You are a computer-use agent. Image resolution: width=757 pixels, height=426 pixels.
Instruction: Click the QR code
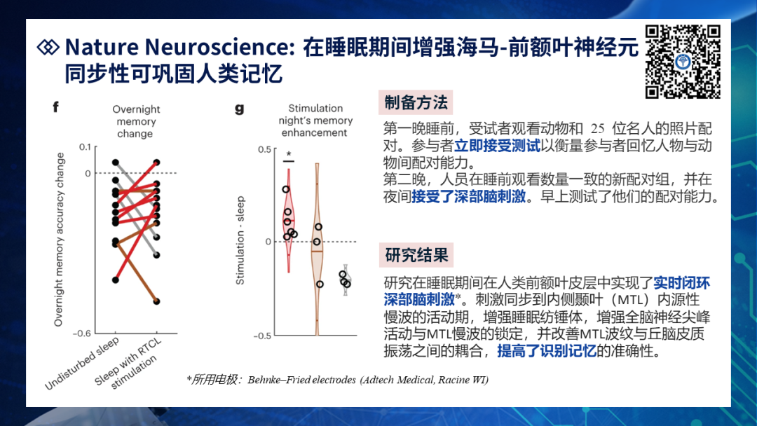[x=683, y=62]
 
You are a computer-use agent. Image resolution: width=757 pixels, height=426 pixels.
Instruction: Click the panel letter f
[x=55, y=106]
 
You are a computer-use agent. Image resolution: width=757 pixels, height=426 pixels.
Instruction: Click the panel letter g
[x=239, y=109]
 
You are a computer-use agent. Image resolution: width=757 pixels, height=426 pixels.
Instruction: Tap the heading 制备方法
[x=416, y=102]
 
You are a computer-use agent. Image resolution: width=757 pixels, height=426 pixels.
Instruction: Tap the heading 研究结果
[x=416, y=255]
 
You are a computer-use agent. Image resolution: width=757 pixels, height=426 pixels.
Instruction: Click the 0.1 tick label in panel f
[x=85, y=146]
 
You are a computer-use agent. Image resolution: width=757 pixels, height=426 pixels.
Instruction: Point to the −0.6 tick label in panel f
[x=81, y=334]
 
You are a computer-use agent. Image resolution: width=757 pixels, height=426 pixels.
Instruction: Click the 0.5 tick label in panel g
[x=264, y=149]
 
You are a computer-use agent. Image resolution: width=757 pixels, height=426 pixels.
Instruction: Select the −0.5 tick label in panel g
[x=261, y=336]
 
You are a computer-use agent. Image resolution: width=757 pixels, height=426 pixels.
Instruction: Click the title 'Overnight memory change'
[x=136, y=122]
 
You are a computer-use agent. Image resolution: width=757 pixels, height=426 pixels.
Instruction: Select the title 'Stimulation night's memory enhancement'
[x=315, y=121]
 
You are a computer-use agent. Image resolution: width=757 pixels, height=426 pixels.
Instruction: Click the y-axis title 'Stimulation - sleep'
[x=240, y=240]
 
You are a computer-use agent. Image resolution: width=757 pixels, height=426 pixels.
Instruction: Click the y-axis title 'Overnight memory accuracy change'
[x=59, y=240]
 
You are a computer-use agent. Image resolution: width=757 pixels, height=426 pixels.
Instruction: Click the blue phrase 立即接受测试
[x=497, y=145]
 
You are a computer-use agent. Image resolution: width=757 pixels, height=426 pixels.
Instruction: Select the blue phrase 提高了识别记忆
[x=547, y=351]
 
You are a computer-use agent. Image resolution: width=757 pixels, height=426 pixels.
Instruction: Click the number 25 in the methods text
[x=597, y=129]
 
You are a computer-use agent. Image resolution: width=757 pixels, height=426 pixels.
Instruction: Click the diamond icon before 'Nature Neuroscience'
[x=48, y=47]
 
